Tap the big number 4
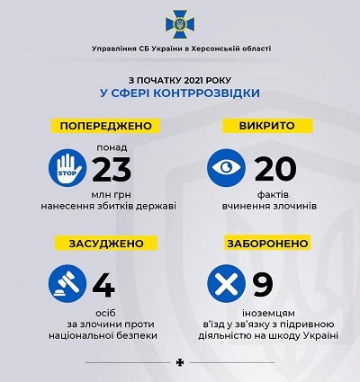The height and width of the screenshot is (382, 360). tap(105, 287)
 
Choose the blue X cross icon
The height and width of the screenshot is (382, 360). tap(226, 287)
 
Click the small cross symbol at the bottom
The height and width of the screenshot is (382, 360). tap(180, 364)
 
